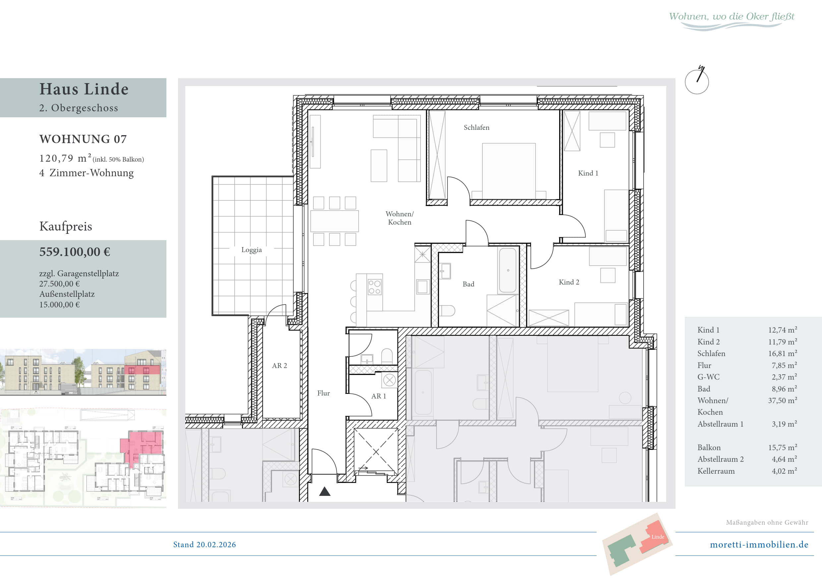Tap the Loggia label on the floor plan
[x=251, y=250]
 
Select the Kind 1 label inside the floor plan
[x=588, y=173]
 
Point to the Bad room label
[x=468, y=284]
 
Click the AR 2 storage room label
[x=279, y=366]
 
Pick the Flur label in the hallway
[x=323, y=393]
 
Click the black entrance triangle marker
[x=325, y=491]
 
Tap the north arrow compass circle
[x=697, y=82]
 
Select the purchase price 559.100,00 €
[x=75, y=252]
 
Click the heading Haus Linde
[x=84, y=89]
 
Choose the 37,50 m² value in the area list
[x=783, y=400]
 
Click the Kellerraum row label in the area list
[x=716, y=471]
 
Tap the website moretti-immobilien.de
[x=759, y=545]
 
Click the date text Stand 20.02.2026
[x=205, y=545]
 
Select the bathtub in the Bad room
[x=508, y=271]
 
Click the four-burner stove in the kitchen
[x=375, y=287]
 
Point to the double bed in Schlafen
[x=509, y=171]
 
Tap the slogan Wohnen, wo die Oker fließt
[x=732, y=17]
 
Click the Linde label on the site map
[x=658, y=537]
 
